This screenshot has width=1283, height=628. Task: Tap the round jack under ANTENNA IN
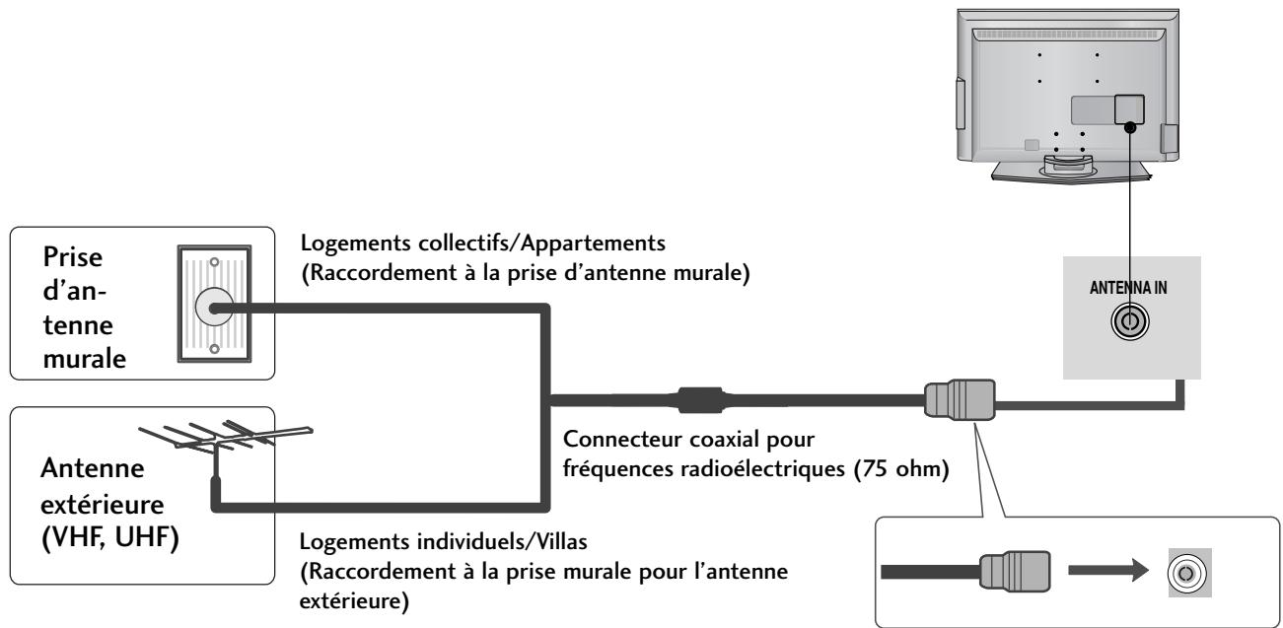pyautogui.click(x=1128, y=320)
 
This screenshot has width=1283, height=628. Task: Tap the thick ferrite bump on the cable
pyautogui.click(x=700, y=401)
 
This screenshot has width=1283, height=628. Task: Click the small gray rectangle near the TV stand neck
pyautogui.click(x=1032, y=145)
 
